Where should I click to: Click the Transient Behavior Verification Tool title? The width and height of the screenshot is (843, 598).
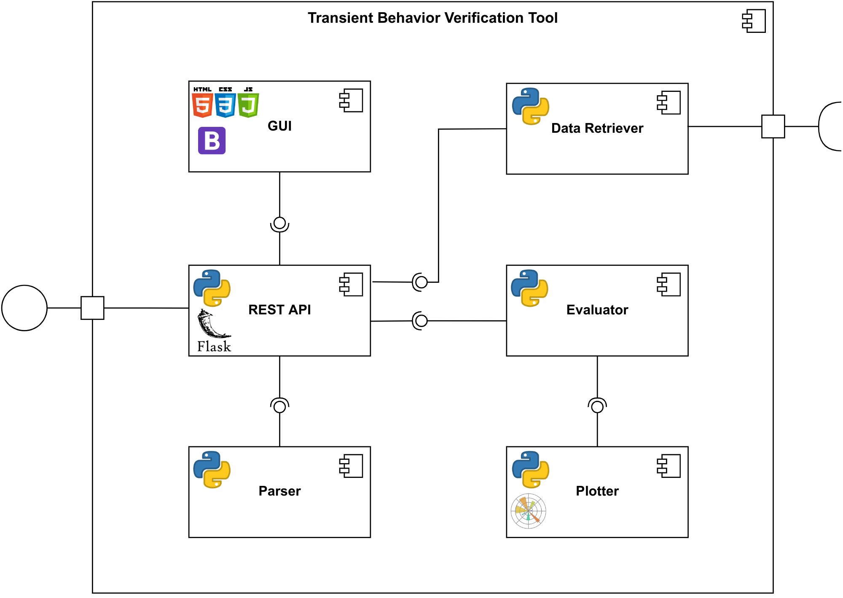(x=432, y=18)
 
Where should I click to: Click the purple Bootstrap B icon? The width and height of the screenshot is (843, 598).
(x=212, y=141)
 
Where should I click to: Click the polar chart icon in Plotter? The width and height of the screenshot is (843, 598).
(x=528, y=511)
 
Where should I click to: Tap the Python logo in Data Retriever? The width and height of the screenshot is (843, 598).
(x=531, y=106)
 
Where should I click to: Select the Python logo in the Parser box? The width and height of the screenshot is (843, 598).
(x=212, y=469)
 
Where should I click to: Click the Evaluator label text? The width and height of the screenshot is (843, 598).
(x=597, y=310)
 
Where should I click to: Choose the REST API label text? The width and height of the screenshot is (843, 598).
(x=279, y=310)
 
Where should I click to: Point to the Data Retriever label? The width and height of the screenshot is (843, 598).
(x=597, y=128)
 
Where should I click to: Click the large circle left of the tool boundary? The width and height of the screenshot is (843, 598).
(x=24, y=308)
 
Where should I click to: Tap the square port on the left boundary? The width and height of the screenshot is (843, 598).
(x=92, y=308)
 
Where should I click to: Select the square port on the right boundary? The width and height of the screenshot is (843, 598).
(x=773, y=126)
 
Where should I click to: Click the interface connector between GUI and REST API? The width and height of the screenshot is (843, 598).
(x=279, y=223)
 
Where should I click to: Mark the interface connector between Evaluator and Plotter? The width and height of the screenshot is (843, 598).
(x=597, y=406)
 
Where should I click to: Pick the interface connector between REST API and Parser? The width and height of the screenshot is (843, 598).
(x=279, y=406)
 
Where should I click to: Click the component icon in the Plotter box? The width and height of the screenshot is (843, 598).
(x=669, y=466)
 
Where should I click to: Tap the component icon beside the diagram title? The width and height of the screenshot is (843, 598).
(x=754, y=21)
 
